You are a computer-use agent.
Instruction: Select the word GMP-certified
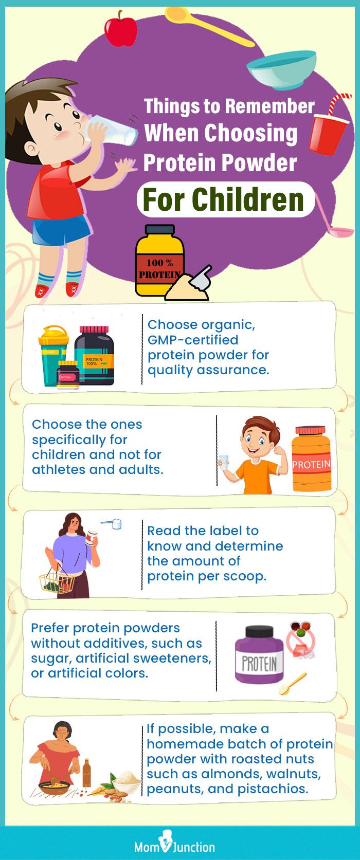pyautogui.click(x=193, y=340)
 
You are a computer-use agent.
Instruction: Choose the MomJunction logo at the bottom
pyautogui.click(x=180, y=846)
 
